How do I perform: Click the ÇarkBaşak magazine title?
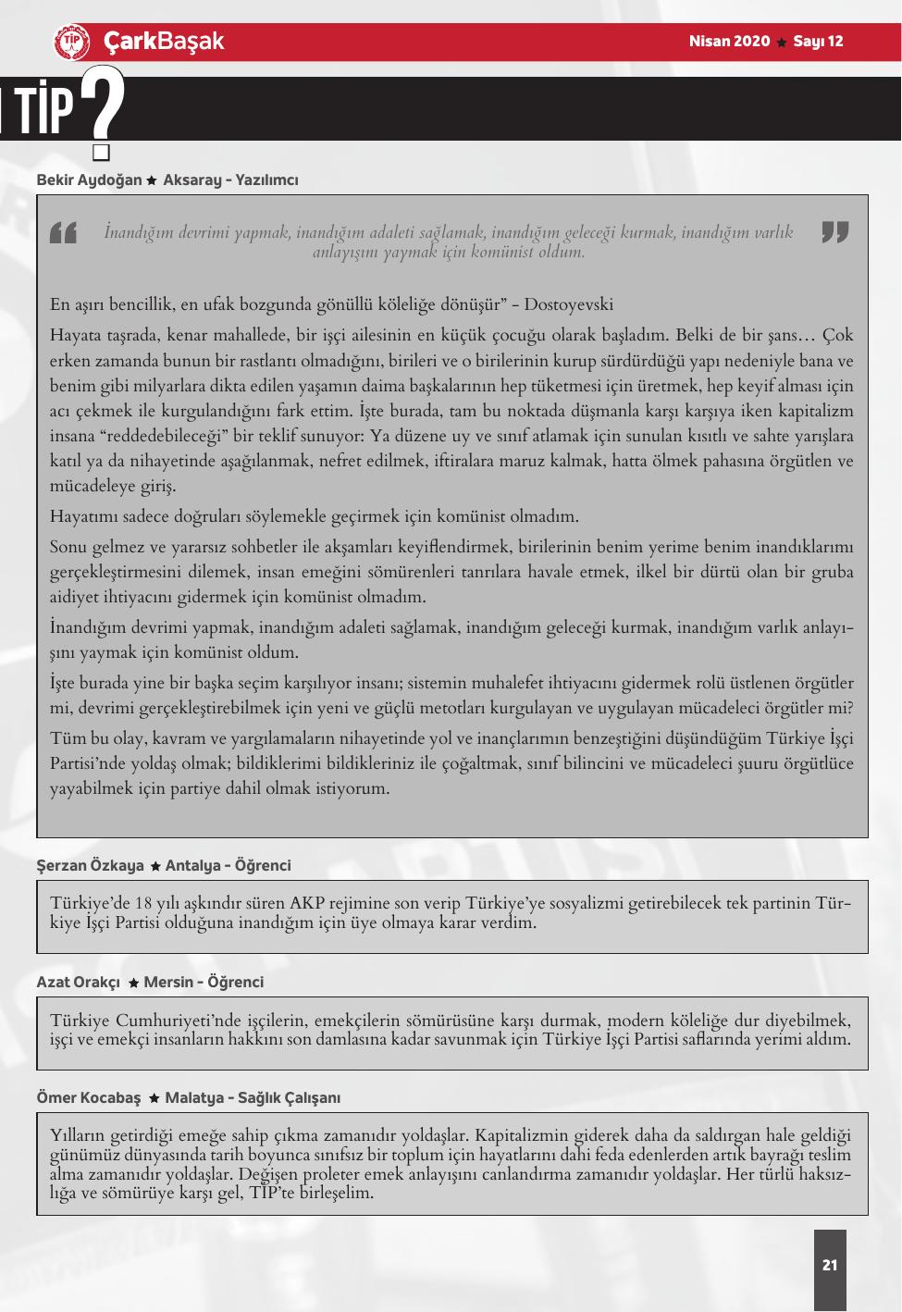click(163, 42)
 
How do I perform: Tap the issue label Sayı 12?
click(819, 42)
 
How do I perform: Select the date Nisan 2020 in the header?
click(729, 42)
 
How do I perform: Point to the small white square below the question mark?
click(101, 152)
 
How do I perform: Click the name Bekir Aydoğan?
click(89, 179)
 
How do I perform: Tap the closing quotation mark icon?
click(834, 232)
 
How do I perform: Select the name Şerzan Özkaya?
click(90, 866)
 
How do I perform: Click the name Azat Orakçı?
click(79, 982)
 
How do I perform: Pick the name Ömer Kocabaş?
click(88, 1097)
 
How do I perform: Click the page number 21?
click(829, 1265)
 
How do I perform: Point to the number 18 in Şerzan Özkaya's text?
click(143, 903)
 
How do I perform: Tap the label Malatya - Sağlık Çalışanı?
click(253, 1097)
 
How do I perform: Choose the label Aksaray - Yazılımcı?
click(230, 179)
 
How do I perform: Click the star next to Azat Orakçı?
click(133, 983)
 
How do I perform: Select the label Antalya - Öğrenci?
click(228, 866)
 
